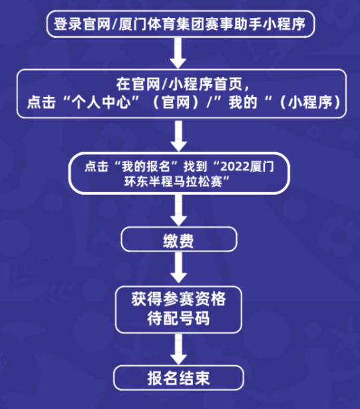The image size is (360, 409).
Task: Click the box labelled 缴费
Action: pyautogui.click(x=179, y=239)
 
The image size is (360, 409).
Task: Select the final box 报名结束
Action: pyautogui.click(x=178, y=378)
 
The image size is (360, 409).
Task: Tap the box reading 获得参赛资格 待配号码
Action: pyautogui.click(x=178, y=310)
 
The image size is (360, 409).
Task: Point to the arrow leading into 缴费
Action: pyautogui.click(x=178, y=210)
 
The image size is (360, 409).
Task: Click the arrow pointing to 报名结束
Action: pyautogui.click(x=178, y=349)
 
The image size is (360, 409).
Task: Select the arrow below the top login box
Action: pyautogui.click(x=178, y=53)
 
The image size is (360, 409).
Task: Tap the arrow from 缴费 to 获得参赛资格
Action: pyautogui.click(x=178, y=267)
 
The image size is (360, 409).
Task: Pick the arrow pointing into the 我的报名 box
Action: pyautogui.click(x=178, y=136)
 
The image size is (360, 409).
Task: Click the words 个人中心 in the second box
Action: pyautogui.click(x=102, y=102)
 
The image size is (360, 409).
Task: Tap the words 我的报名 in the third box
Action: pyautogui.click(x=146, y=166)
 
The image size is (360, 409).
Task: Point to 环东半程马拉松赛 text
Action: pyautogui.click(x=173, y=182)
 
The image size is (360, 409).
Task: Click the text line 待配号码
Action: pyautogui.click(x=178, y=319)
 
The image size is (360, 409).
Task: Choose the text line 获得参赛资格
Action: pyautogui.click(x=178, y=299)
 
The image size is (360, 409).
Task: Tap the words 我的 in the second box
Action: pyautogui.click(x=244, y=102)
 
